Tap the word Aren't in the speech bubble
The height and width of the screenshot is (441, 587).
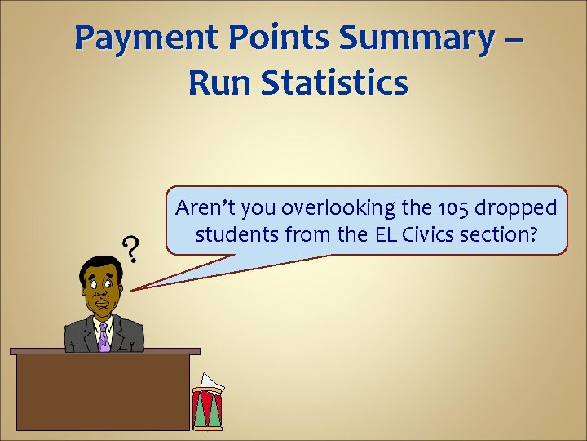tap(201, 208)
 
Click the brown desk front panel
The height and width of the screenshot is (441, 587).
tap(103, 392)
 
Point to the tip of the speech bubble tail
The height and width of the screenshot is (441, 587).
tap(133, 288)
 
